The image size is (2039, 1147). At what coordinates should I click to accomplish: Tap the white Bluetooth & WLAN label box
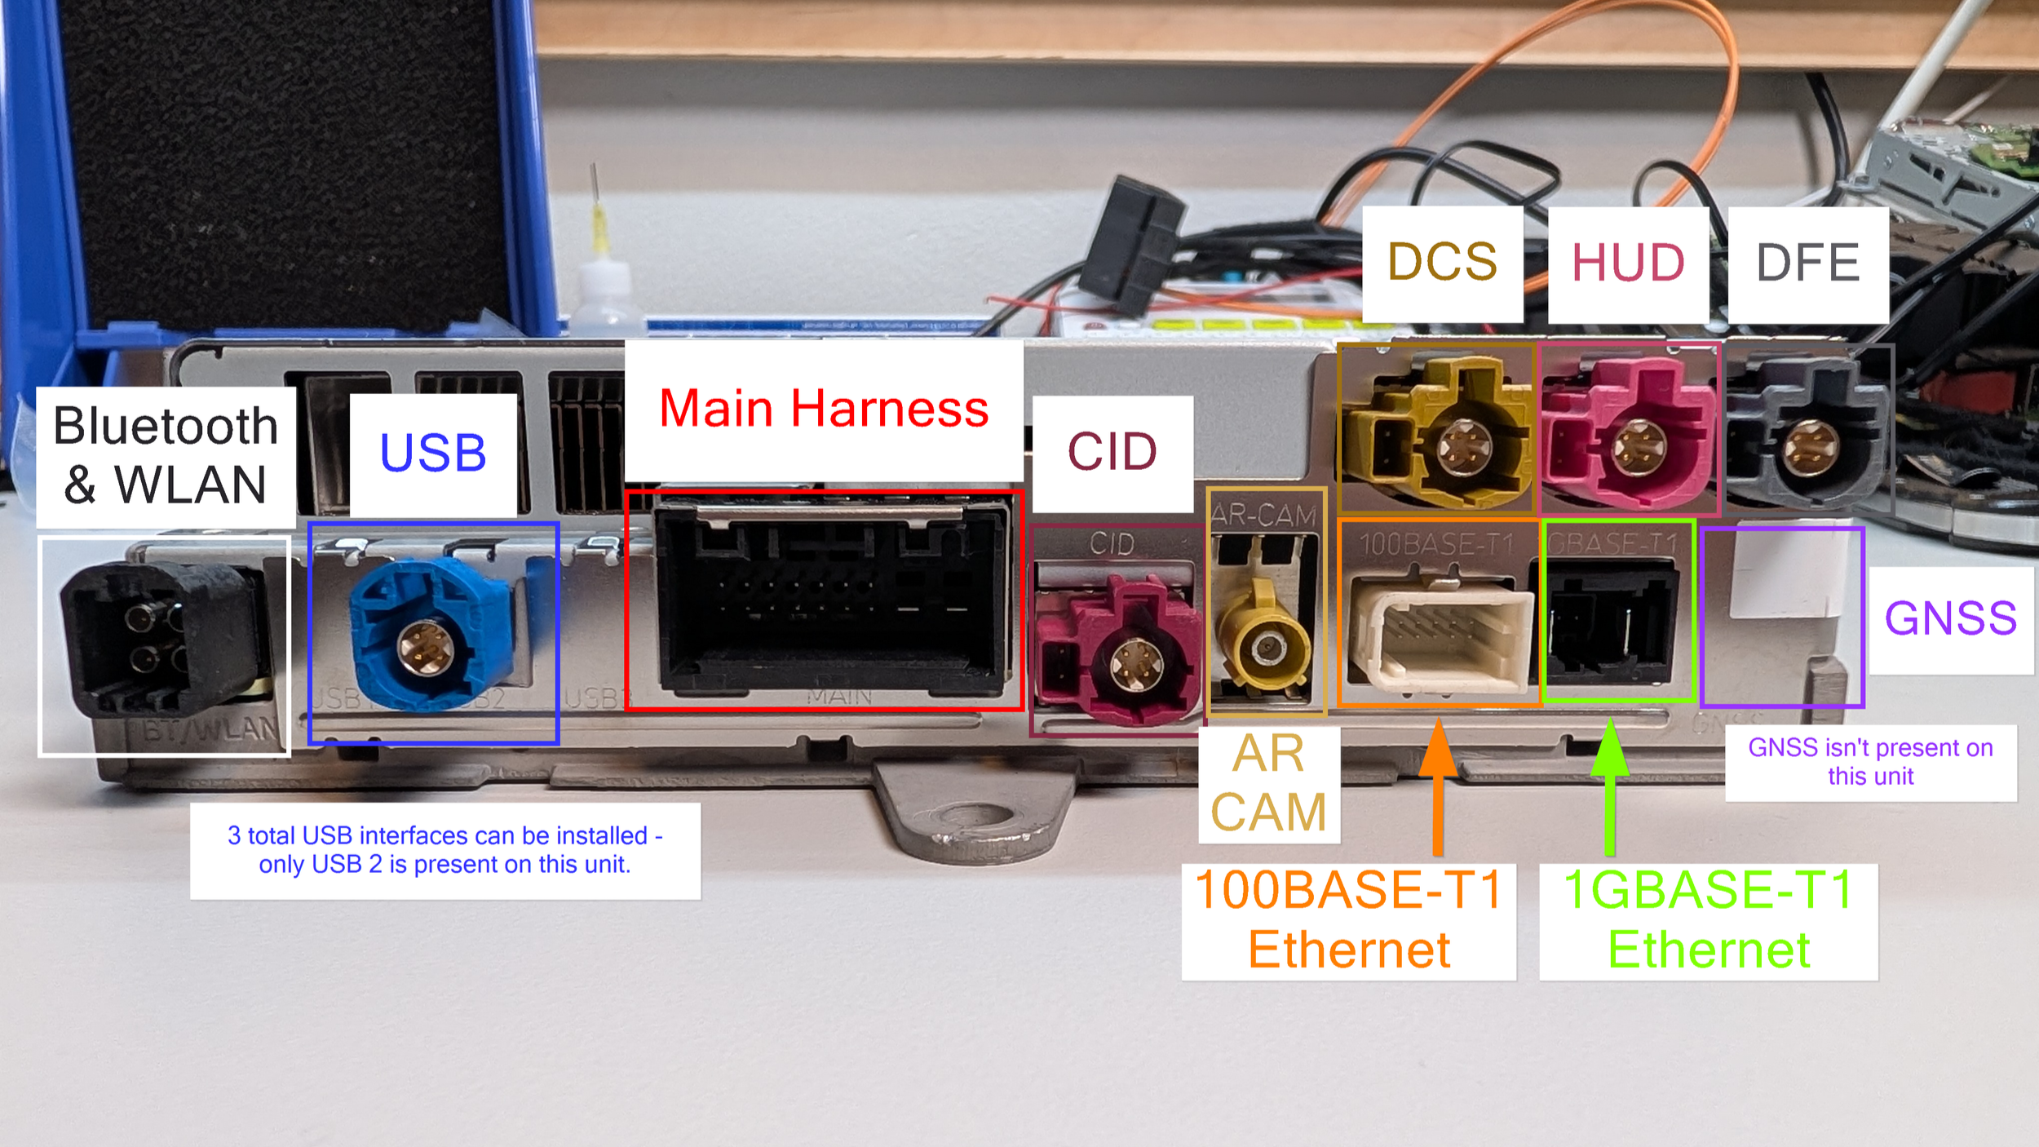pos(166,456)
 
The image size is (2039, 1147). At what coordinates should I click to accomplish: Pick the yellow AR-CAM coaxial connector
pos(1263,644)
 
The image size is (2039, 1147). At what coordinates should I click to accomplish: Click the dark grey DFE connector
pos(1806,441)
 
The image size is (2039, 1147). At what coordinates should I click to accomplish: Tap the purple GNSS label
pos(1950,618)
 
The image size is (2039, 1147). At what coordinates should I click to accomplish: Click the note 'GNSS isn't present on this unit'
pos(1870,762)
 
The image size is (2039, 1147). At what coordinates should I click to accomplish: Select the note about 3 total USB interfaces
pos(445,850)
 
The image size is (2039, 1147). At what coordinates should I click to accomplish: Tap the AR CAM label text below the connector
pos(1268,783)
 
